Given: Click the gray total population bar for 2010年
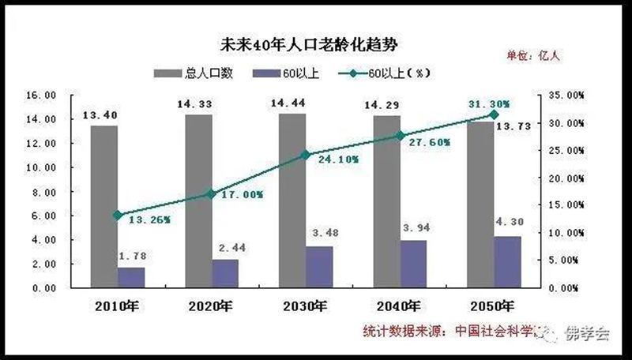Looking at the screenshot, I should pyautogui.click(x=104, y=205).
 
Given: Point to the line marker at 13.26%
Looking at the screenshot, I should pyautogui.click(x=118, y=215).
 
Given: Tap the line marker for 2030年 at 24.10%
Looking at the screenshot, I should pyautogui.click(x=306, y=155).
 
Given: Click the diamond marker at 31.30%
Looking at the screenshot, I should pyautogui.click(x=495, y=114).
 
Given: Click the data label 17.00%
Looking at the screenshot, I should pyautogui.click(x=243, y=195).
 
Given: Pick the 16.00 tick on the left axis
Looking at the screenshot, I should pyautogui.click(x=41, y=95).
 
